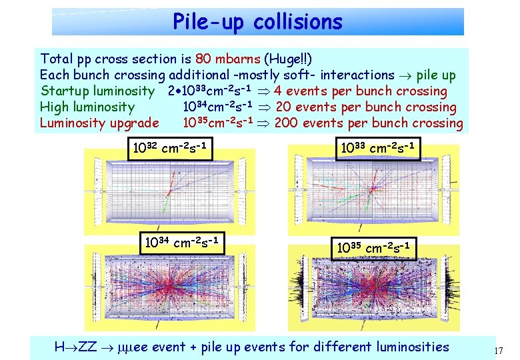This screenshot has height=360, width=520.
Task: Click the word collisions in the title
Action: pyautogui.click(x=298, y=22)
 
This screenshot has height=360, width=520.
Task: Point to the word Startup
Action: pyautogui.click(x=64, y=91)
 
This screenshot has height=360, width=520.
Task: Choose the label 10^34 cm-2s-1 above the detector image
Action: pyautogui.click(x=183, y=241)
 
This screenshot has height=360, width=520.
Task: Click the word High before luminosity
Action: pyautogui.click(x=55, y=107)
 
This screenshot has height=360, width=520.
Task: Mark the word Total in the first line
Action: pyautogui.click(x=57, y=59)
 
